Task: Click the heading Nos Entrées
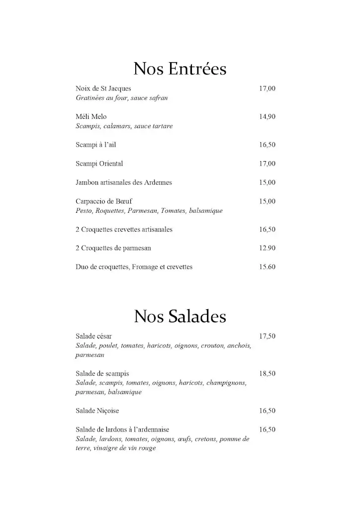[x=180, y=69]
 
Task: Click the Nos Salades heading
[x=180, y=316]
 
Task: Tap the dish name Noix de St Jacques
[x=103, y=88]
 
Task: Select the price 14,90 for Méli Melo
[x=267, y=117]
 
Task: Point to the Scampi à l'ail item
[x=96, y=145]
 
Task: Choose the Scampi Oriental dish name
[x=99, y=164]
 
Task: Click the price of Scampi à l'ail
[x=267, y=145]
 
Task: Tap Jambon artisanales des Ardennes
[x=123, y=182]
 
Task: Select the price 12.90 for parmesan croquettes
[x=267, y=248]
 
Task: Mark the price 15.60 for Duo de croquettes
[x=267, y=267]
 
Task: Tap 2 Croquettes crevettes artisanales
[x=124, y=230]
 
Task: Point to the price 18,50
[x=267, y=373]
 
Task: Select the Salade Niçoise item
[x=97, y=411]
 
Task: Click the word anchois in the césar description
[x=240, y=345]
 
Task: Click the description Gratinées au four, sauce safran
[x=122, y=98]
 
